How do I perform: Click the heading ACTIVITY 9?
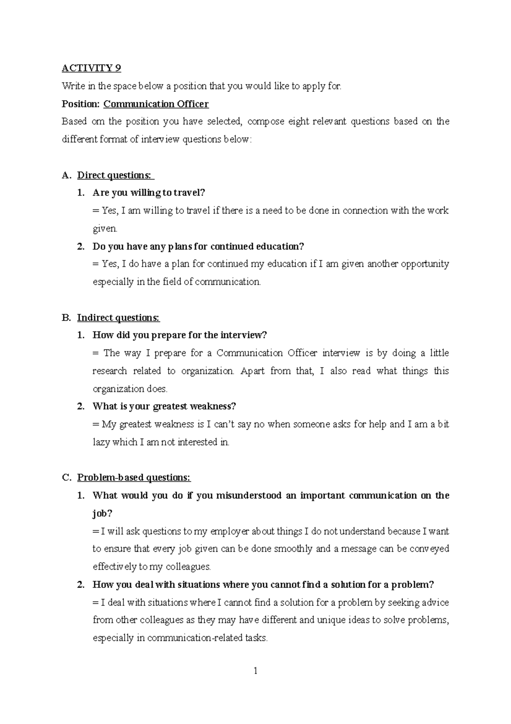pyautogui.click(x=91, y=68)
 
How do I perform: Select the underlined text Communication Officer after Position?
pyautogui.click(x=156, y=104)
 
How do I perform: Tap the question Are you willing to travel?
pyautogui.click(x=149, y=193)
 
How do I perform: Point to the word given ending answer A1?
pyautogui.click(x=104, y=229)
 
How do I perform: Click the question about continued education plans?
pyautogui.click(x=198, y=246)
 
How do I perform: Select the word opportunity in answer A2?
pyautogui.click(x=425, y=264)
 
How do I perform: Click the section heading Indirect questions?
pyautogui.click(x=118, y=318)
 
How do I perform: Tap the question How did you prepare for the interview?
pyautogui.click(x=179, y=335)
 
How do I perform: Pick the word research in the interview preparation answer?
pyautogui.click(x=109, y=371)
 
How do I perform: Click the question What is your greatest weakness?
pyautogui.click(x=164, y=406)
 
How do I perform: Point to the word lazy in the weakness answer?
pyautogui.click(x=101, y=442)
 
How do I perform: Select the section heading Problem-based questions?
pyautogui.click(x=134, y=478)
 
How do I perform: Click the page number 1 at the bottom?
pyautogui.click(x=255, y=672)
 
